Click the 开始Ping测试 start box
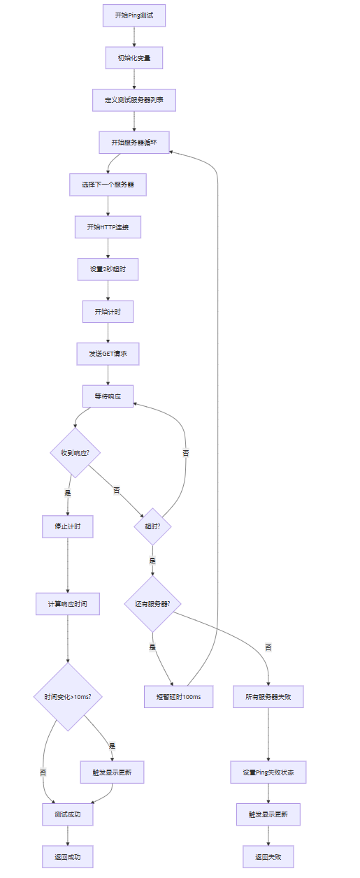click(x=134, y=15)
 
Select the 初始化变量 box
click(x=134, y=58)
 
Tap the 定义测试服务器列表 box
click(x=134, y=100)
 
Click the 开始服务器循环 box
click(x=134, y=143)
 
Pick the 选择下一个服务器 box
click(x=108, y=185)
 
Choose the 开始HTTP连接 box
click(x=108, y=227)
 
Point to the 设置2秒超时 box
click(x=108, y=269)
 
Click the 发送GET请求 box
click(x=108, y=354)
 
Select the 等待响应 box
click(x=108, y=396)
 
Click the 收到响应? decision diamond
click(x=75, y=453)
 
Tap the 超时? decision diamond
click(x=152, y=526)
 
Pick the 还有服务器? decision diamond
click(x=152, y=604)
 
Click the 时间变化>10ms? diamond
click(x=68, y=696)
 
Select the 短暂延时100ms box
click(x=178, y=696)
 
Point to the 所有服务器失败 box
click(x=268, y=696)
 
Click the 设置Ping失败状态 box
click(x=268, y=772)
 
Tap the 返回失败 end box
click(x=268, y=857)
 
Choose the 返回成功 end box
click(x=68, y=857)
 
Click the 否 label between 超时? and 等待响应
click(x=186, y=453)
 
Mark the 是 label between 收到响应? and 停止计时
click(x=68, y=493)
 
